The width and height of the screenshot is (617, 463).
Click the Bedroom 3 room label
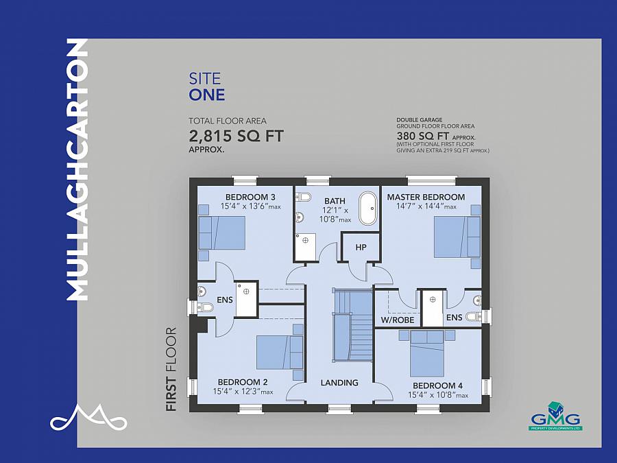(250, 197)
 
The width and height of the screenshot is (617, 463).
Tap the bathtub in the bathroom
(368, 209)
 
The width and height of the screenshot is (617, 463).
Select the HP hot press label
(361, 247)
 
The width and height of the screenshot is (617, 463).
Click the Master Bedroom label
(426, 197)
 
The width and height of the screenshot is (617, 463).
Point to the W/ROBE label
(398, 320)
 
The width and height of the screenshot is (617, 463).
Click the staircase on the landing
(352, 325)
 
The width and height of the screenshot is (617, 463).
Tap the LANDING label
(339, 382)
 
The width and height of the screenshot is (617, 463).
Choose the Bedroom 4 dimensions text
(438, 395)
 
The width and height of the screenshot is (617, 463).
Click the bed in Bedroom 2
(280, 352)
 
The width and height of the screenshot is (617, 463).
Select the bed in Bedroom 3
(222, 233)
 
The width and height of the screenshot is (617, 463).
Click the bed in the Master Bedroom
(457, 237)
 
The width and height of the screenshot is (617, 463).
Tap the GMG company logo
(555, 416)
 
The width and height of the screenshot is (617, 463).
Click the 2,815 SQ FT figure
(236, 136)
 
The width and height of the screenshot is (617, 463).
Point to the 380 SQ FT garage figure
(422, 136)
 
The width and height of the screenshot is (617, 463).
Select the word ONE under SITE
(207, 95)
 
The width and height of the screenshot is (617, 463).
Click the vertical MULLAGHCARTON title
(77, 169)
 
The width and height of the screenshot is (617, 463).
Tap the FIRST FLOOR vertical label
(171, 369)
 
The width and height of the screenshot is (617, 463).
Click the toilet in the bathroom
(303, 196)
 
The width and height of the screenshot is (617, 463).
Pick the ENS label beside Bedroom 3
(225, 300)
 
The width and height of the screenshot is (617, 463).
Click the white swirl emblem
(88, 417)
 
